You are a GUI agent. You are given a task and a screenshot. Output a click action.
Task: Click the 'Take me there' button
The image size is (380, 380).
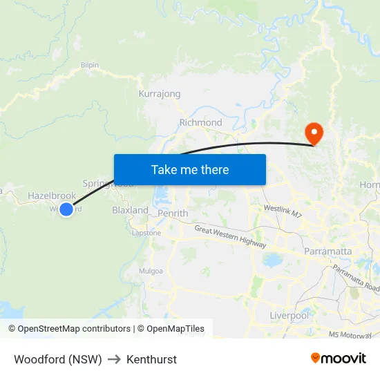190,169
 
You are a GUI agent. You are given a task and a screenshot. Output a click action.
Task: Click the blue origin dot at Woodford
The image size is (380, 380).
66,209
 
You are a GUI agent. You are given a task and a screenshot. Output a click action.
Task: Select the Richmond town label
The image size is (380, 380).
200,123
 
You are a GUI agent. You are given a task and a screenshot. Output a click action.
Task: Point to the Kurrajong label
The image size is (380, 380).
160,94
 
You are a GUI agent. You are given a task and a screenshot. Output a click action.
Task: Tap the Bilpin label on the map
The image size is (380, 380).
90,65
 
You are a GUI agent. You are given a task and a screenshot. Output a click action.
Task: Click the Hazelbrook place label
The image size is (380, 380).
52,196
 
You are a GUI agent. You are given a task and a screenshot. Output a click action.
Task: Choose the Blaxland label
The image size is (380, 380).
130,210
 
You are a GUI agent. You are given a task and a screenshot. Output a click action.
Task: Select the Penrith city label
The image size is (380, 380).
173,213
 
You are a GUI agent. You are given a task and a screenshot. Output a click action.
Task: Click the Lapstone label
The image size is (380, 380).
146,233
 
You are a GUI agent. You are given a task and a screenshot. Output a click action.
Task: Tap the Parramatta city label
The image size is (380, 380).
328,251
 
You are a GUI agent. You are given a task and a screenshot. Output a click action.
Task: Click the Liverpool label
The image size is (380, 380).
289,316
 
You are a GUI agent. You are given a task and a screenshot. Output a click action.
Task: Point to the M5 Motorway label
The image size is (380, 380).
353,334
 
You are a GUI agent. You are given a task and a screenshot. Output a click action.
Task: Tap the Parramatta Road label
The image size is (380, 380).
354,278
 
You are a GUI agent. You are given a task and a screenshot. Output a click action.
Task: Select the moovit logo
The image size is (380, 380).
339,358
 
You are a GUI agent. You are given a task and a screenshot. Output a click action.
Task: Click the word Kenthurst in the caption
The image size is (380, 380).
151,359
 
